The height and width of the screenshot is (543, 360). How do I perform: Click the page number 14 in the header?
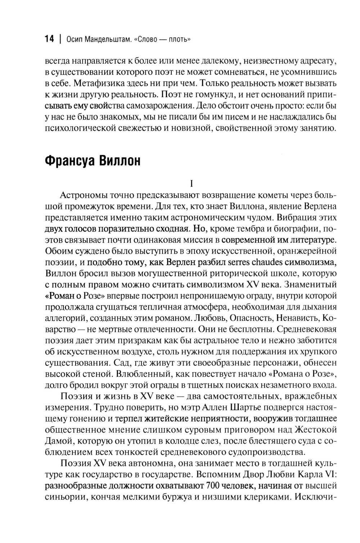(x=49, y=39)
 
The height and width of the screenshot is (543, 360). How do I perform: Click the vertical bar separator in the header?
(x=59, y=39)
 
